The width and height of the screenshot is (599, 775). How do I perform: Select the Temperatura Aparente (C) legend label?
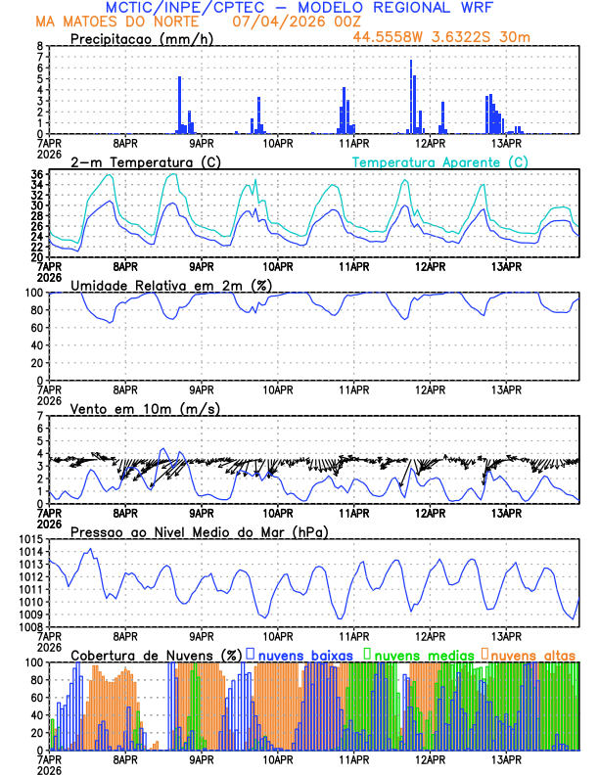click(x=439, y=161)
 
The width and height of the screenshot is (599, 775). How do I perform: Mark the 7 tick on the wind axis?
click(x=38, y=416)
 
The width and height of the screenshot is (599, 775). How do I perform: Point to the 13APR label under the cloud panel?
click(x=506, y=757)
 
